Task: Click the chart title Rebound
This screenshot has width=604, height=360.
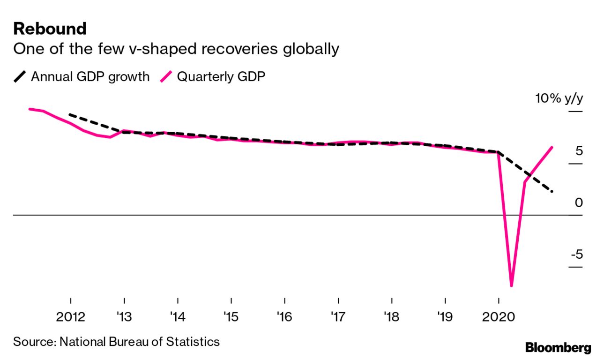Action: click(x=50, y=29)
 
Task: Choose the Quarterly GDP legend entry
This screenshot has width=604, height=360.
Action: click(x=221, y=76)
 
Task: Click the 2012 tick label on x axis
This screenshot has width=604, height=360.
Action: click(x=71, y=317)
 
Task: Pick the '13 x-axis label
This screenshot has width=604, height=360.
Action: click(x=124, y=317)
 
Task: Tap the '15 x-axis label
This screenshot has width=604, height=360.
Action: click(x=231, y=317)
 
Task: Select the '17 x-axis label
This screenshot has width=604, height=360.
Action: click(x=338, y=317)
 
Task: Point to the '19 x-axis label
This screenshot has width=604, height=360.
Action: click(x=445, y=317)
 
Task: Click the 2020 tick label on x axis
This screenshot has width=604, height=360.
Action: click(x=498, y=317)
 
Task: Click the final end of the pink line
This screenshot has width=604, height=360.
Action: click(x=552, y=147)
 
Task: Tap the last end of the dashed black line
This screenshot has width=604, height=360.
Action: click(x=552, y=191)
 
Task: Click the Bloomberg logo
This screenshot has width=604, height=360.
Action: click(x=558, y=348)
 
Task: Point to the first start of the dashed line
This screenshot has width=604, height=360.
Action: click(x=70, y=114)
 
